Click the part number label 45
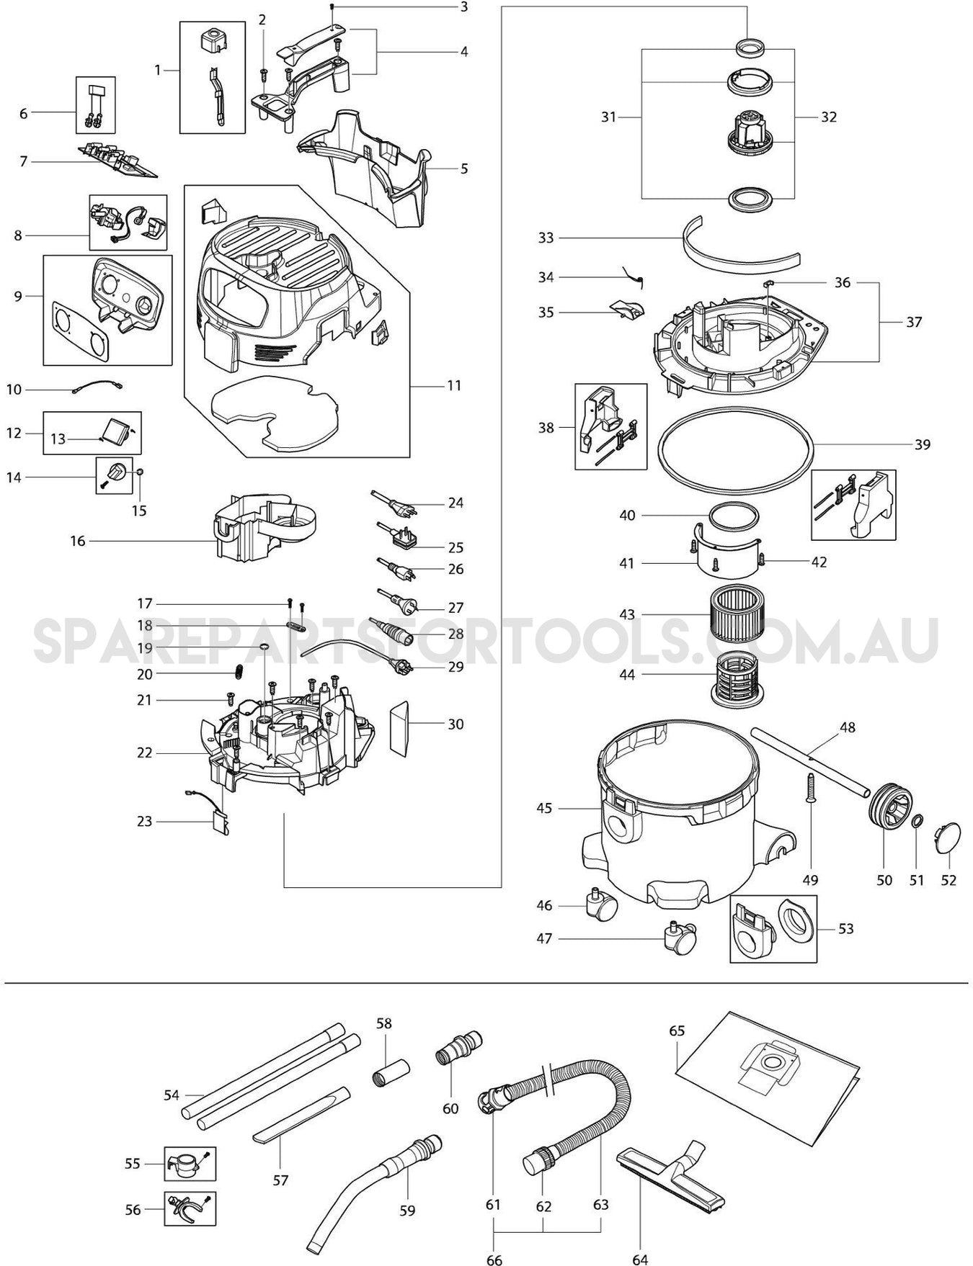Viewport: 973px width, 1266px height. [544, 808]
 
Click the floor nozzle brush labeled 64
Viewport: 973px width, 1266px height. [670, 1175]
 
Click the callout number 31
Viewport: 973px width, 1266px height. [609, 117]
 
